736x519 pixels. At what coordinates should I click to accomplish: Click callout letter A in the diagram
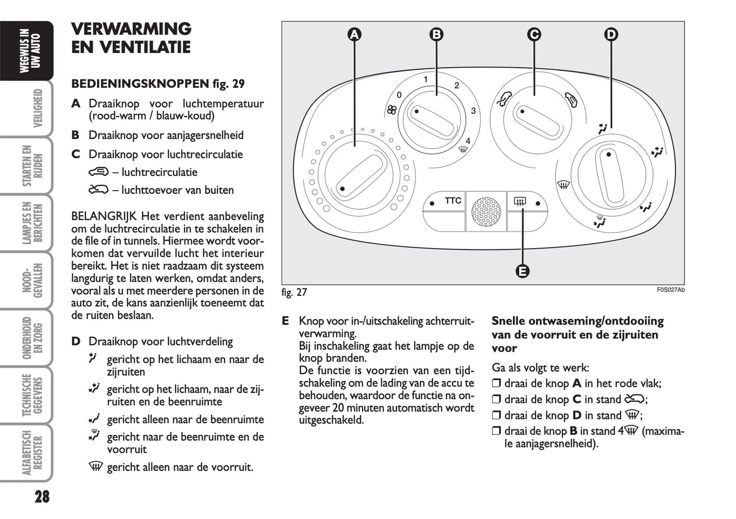click(354, 35)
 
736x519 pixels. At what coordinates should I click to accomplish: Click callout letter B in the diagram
click(437, 35)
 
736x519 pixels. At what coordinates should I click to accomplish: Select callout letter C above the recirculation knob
click(534, 35)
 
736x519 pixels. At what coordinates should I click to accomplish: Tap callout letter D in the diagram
click(611, 35)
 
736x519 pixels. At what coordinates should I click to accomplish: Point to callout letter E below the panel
click(523, 271)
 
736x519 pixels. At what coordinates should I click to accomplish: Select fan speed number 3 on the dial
click(473, 111)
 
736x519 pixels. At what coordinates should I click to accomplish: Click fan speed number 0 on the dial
click(399, 95)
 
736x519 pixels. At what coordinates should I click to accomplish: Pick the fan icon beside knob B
click(391, 109)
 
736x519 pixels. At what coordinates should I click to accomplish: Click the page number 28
click(42, 497)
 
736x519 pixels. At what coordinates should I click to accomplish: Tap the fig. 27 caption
click(294, 292)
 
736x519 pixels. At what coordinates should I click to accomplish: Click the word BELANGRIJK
click(104, 217)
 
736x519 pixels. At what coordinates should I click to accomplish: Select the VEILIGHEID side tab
click(37, 109)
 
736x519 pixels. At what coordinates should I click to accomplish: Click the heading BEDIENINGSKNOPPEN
click(140, 84)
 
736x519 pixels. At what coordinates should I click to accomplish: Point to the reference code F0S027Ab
click(670, 290)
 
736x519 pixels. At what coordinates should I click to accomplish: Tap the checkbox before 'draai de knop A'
click(497, 384)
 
